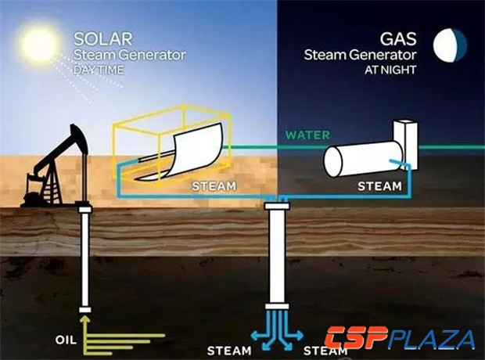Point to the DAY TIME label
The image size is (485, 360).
(99, 69)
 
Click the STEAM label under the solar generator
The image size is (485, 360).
(214, 188)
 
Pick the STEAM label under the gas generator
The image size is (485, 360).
(379, 187)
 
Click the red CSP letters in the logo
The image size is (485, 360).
(359, 340)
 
